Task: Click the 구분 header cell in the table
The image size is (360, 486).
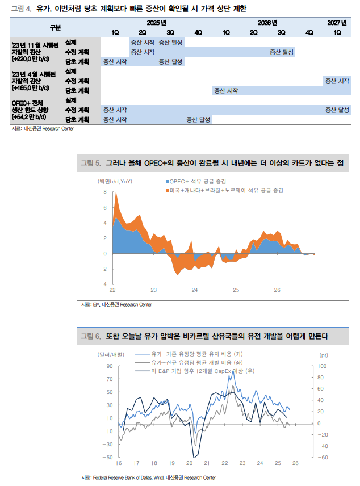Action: click(55, 27)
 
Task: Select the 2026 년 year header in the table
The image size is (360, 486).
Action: click(267, 23)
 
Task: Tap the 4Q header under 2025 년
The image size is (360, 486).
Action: click(198, 32)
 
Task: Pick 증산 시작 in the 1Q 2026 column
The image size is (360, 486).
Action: click(225, 90)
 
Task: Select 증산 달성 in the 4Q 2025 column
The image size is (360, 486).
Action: click(198, 120)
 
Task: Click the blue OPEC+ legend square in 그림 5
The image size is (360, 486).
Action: click(168, 181)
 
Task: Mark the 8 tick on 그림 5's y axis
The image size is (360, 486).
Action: click(104, 192)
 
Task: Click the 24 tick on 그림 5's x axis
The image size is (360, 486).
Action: click(195, 290)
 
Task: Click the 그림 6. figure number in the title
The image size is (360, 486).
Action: click(90, 336)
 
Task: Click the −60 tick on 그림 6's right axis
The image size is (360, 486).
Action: click(322, 457)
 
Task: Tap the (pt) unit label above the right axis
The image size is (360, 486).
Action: click(324, 355)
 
